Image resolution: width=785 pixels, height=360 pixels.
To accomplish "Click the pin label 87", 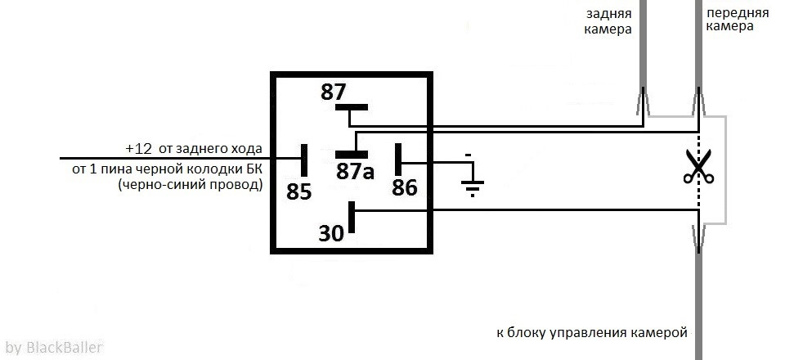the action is [x=333, y=92].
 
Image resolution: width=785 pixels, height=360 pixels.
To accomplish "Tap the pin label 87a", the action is [x=355, y=171].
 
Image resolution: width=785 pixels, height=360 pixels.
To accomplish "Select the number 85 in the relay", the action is [x=299, y=191].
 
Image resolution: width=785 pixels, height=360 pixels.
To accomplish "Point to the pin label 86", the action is [x=405, y=187].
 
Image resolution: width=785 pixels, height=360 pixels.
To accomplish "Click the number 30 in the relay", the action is [x=331, y=233].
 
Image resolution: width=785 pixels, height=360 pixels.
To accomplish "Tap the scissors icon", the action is [x=699, y=166].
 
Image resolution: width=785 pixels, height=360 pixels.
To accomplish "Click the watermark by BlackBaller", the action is [x=54, y=347].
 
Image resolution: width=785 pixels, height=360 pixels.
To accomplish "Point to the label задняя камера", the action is [x=608, y=21].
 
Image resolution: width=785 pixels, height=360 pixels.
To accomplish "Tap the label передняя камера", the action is [x=737, y=20].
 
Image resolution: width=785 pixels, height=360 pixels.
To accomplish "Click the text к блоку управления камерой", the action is [x=592, y=332].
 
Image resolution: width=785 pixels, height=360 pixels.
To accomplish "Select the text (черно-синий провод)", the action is [x=191, y=185].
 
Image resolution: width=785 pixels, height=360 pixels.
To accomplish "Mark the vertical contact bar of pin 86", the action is [x=398, y=160].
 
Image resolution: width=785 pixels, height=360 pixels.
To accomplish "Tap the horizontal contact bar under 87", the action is [x=352, y=107].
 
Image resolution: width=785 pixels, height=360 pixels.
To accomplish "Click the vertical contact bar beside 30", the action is [x=352, y=217].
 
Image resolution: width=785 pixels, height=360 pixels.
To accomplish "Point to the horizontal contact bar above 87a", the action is [x=352, y=154].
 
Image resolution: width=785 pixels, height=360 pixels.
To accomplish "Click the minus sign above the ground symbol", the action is [x=468, y=155].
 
